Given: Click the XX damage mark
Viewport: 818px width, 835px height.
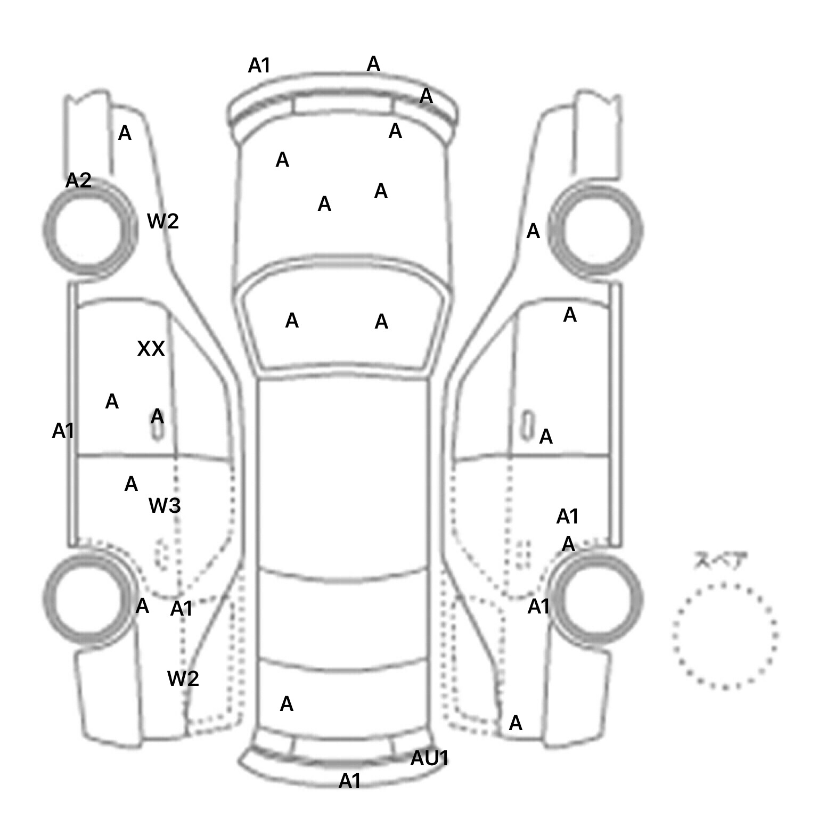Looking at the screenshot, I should [x=151, y=349].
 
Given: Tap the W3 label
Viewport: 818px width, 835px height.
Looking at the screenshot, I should [x=165, y=505].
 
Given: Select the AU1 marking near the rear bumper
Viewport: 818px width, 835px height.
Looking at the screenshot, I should [x=429, y=758].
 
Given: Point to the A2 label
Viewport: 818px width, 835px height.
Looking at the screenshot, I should [x=78, y=181].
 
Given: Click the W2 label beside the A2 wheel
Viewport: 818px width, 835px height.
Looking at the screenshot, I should [x=162, y=221].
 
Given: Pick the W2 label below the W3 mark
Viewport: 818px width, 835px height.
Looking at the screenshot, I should [x=183, y=678].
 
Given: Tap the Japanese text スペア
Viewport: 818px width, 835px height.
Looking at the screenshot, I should [x=721, y=561].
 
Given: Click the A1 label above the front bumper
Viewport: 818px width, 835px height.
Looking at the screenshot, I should [x=259, y=66].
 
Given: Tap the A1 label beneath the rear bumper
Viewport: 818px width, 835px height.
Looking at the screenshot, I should [x=350, y=781].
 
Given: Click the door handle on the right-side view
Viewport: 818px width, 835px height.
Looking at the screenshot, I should [x=528, y=425].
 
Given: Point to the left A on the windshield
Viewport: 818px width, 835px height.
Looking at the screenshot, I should [x=292, y=321].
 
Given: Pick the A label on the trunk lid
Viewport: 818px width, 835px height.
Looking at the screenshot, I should [x=287, y=704].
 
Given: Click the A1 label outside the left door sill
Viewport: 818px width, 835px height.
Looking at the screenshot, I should [x=63, y=431].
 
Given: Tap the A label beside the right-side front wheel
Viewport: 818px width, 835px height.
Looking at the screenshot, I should [x=533, y=232].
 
